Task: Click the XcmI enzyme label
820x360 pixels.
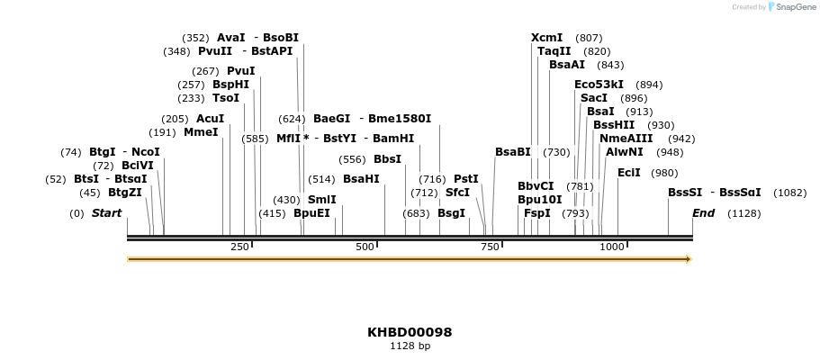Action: (x=546, y=38)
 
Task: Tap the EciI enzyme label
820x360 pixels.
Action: (x=628, y=173)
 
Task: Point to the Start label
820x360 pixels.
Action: (x=106, y=213)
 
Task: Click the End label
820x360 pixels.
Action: (x=703, y=213)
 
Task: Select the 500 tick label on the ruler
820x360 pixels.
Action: (x=365, y=247)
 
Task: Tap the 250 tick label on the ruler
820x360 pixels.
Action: (x=239, y=247)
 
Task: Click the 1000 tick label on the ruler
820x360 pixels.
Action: (x=611, y=247)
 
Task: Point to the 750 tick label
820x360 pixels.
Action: (x=490, y=247)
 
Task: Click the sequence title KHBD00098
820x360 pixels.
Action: (x=410, y=332)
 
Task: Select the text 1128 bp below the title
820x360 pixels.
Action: (x=410, y=346)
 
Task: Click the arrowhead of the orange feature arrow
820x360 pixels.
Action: (x=689, y=259)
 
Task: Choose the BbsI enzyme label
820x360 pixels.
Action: (x=387, y=159)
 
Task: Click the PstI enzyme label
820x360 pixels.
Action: (x=465, y=179)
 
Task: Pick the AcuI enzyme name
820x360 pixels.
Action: (x=210, y=119)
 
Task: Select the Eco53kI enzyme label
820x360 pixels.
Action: (x=599, y=85)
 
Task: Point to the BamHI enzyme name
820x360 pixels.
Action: (x=392, y=139)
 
